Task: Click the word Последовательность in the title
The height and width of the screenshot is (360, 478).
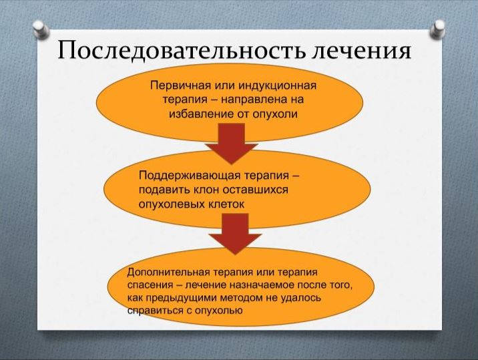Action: [x=181, y=50]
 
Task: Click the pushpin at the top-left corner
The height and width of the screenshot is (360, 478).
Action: [x=41, y=29]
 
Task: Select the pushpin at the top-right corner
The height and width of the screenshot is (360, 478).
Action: [x=438, y=29]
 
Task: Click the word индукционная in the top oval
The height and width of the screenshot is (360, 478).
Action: [x=278, y=85]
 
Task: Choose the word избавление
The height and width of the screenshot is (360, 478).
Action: [x=201, y=114]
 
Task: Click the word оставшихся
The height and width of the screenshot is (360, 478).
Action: [x=256, y=190]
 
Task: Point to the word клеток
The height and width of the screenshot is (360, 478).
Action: [x=226, y=204]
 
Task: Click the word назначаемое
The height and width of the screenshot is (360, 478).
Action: [x=260, y=285]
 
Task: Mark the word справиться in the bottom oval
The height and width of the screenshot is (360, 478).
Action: [x=155, y=311]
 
